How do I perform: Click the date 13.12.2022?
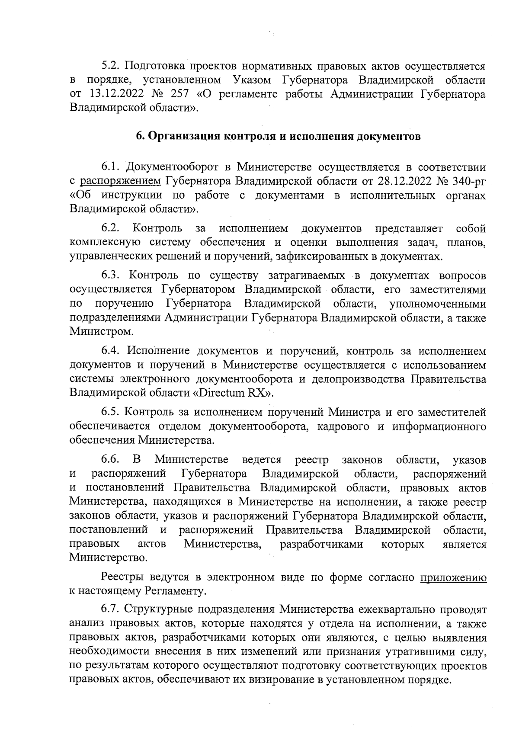click(114, 94)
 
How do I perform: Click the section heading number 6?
click(139, 137)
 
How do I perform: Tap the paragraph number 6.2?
click(111, 228)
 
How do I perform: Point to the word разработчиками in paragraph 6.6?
click(321, 544)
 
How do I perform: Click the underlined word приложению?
click(454, 577)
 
